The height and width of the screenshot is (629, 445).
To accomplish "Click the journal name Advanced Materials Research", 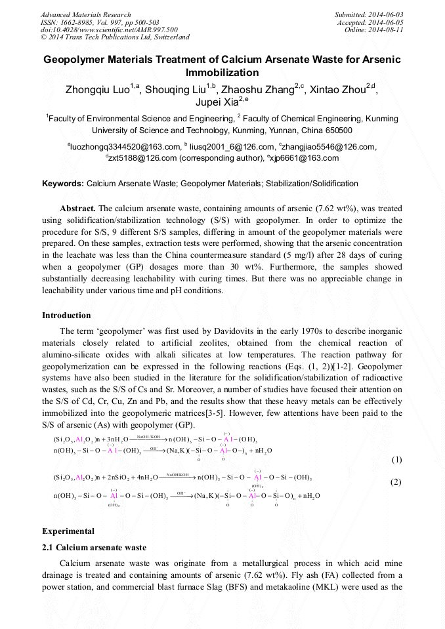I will click(85, 14).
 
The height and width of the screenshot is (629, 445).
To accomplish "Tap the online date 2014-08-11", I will click(386, 30).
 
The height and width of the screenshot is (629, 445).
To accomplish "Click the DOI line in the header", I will click(109, 30).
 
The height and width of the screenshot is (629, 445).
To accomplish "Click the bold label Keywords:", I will click(63, 184).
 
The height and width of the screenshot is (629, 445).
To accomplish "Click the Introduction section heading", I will click(66, 315).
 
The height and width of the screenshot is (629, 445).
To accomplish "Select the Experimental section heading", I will click(68, 531).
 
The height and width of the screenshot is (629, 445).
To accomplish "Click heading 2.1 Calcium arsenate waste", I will click(94, 547).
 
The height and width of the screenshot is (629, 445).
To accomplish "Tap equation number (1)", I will click(396, 460).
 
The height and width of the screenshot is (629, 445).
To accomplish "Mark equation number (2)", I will click(396, 482).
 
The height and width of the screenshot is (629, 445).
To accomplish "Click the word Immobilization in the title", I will click(222, 72).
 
